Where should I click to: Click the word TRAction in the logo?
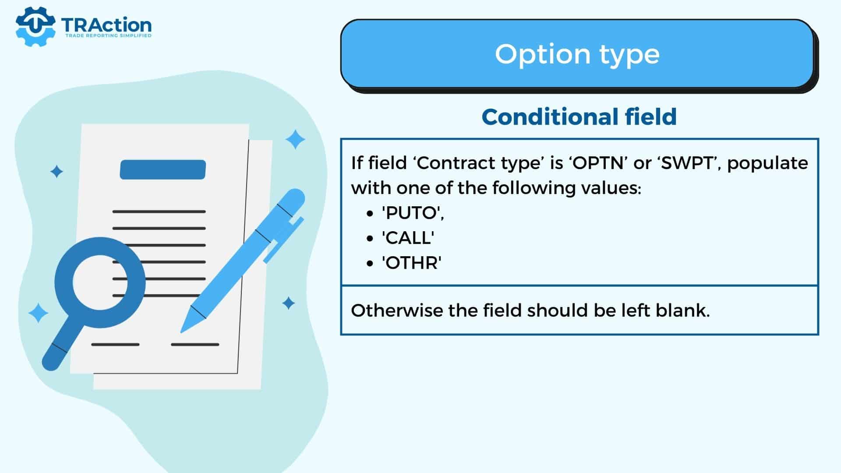106,25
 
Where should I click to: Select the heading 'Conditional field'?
579,116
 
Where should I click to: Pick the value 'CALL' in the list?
408,238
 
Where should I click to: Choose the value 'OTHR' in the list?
411,263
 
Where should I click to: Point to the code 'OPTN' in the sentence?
598,163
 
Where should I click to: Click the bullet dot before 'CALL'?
371,238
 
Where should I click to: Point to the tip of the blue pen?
181,332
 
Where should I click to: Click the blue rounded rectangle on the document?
163,169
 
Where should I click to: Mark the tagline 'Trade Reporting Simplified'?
108,35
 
